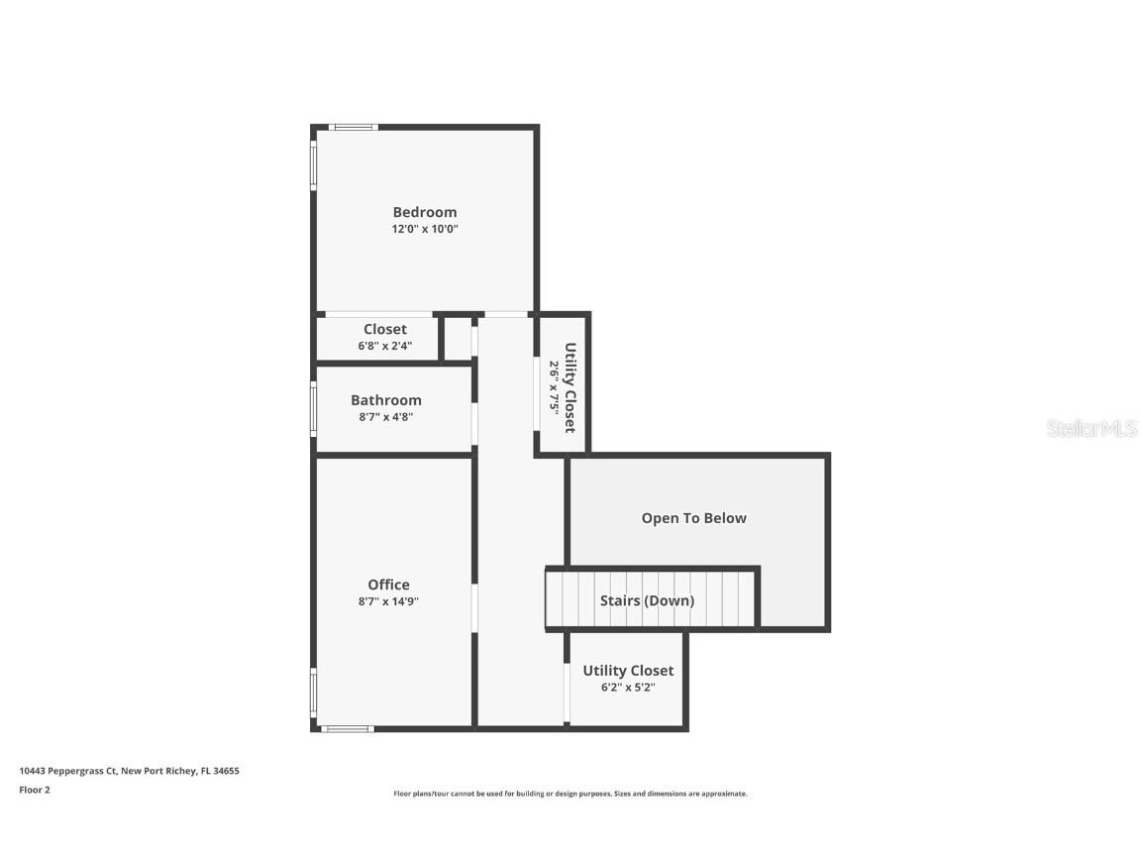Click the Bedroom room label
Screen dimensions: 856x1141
(x=424, y=212)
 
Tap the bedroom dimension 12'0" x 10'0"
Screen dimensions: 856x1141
(x=424, y=229)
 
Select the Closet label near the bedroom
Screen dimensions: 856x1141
(x=384, y=329)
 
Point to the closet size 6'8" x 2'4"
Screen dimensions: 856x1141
(x=384, y=347)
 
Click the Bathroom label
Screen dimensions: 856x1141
(x=385, y=400)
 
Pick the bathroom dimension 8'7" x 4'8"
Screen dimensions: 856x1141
(x=385, y=417)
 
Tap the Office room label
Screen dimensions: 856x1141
(x=388, y=585)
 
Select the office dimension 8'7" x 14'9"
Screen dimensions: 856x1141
(x=388, y=601)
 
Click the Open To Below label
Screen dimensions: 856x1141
(x=693, y=518)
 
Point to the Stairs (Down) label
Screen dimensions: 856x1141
(x=647, y=600)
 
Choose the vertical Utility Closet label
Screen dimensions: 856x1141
(x=570, y=387)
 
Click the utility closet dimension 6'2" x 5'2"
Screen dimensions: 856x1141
(x=627, y=688)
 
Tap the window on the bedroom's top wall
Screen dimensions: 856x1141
(x=354, y=127)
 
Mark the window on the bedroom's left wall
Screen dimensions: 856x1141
(x=314, y=165)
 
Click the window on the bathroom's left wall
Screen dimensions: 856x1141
(x=314, y=409)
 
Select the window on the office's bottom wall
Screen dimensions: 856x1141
(x=348, y=729)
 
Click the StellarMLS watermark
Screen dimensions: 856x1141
(x=1090, y=429)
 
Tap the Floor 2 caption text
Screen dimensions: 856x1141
(x=34, y=790)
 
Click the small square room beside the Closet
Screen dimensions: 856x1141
(x=458, y=339)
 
